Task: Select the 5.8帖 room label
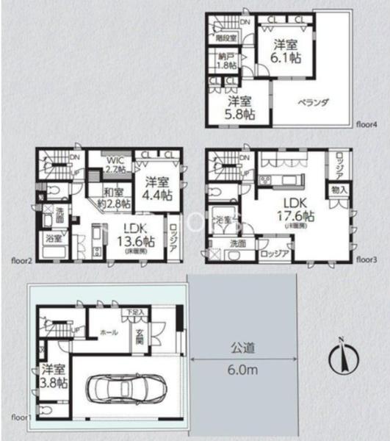coord(240,108)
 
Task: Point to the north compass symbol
coord(339,357)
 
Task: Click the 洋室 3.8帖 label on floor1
coord(54,375)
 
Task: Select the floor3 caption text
coord(367,259)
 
